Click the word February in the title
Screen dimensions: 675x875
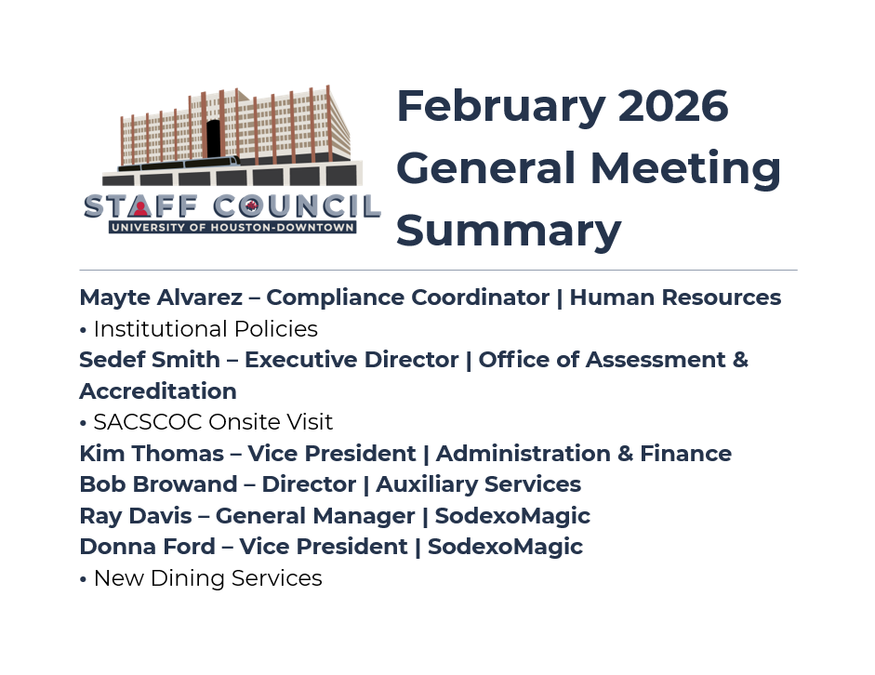(500, 107)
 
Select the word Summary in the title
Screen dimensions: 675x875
(509, 231)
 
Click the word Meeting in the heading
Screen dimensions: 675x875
(685, 168)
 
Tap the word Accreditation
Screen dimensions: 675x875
(158, 390)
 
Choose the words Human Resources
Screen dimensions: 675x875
(675, 298)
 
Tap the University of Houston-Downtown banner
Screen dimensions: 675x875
(232, 227)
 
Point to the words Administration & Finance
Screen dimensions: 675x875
(583, 454)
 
